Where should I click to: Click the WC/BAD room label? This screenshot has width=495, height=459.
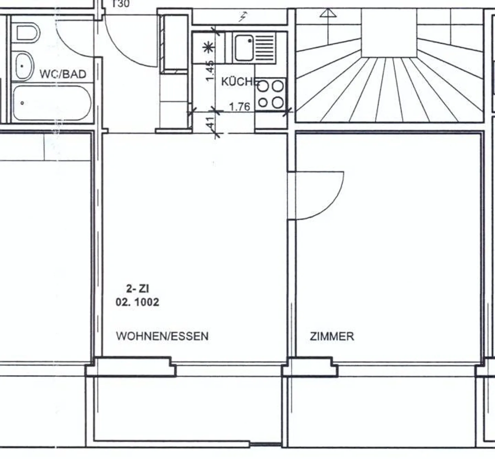pos(63,74)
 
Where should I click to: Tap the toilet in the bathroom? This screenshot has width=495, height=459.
pos(28,33)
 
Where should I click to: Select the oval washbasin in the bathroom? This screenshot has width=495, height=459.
pos(24,66)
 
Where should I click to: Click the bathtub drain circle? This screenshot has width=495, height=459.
pos(22,103)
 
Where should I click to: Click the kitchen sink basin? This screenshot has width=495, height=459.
pos(244,48)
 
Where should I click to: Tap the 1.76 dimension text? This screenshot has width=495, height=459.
pos(240,107)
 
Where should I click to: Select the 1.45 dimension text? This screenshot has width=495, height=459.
pos(210,71)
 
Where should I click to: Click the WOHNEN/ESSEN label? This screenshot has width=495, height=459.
pos(162,336)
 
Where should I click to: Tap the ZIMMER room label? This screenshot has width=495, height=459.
pos(332,336)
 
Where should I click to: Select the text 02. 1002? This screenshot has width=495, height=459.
pos(137,302)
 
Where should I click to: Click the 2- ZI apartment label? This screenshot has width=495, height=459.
pos(137,289)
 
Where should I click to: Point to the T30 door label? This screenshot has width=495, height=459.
pos(121,3)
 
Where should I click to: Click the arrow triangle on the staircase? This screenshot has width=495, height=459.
pos(328,13)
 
